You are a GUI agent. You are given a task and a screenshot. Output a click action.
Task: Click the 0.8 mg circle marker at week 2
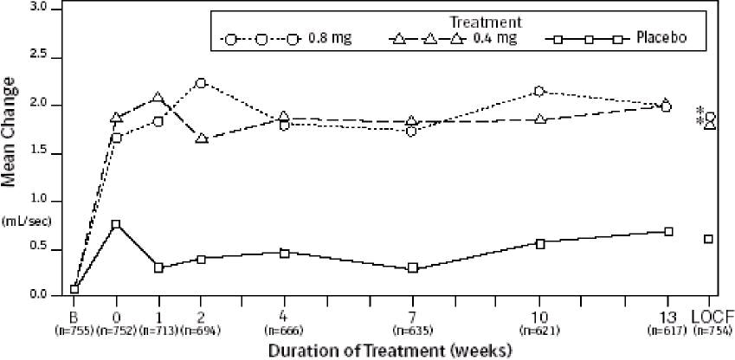coord(201,83)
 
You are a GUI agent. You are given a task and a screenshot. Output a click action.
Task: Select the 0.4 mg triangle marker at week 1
coord(158,98)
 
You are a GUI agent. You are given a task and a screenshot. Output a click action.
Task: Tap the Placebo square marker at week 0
coord(116,224)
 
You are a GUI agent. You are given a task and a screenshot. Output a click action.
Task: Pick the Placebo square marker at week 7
coord(413,268)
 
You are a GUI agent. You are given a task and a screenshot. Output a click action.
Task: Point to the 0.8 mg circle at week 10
coord(539,91)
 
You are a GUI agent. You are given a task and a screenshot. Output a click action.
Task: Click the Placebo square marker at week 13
coord(667,231)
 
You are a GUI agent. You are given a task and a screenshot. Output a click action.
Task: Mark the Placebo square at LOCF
coord(708,239)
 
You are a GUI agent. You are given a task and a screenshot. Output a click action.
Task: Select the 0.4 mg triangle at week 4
coord(285,117)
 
